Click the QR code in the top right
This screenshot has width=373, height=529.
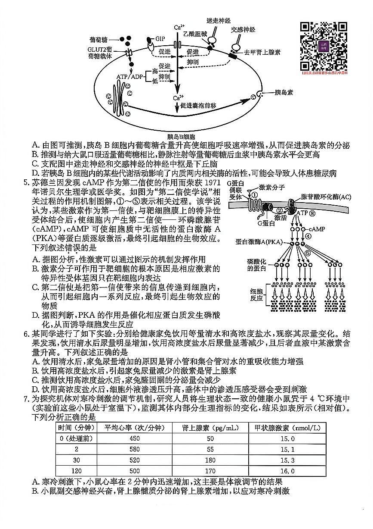point(324,46)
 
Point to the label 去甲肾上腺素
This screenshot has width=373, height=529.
point(262,52)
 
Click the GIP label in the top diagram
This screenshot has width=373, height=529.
point(160,38)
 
